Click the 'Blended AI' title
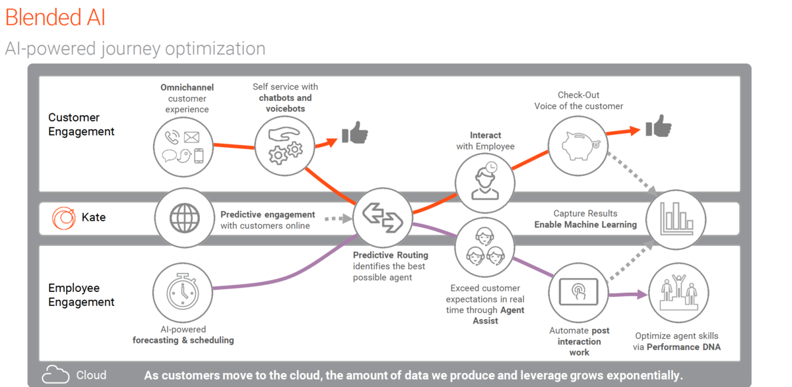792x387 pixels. click(55, 17)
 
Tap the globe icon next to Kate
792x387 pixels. click(185, 218)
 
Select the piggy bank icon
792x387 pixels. click(581, 146)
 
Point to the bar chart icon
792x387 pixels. click(676, 219)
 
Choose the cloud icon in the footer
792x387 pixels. click(55, 374)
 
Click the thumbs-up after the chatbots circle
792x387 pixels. click(355, 133)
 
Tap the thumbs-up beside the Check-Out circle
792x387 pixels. click(659, 126)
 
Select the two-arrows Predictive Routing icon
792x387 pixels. click(383, 218)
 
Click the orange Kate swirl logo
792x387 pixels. click(63, 218)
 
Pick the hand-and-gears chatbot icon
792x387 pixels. click(285, 146)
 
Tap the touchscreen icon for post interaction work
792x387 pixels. click(578, 292)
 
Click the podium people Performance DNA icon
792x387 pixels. click(679, 293)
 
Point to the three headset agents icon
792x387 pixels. click(484, 247)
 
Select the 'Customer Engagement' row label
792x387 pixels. click(81, 125)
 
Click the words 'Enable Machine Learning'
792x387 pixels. click(585, 225)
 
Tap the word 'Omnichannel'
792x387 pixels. click(187, 87)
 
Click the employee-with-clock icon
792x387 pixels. click(486, 181)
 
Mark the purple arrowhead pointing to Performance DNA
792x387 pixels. click(642, 294)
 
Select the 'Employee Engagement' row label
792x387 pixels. click(81, 295)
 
